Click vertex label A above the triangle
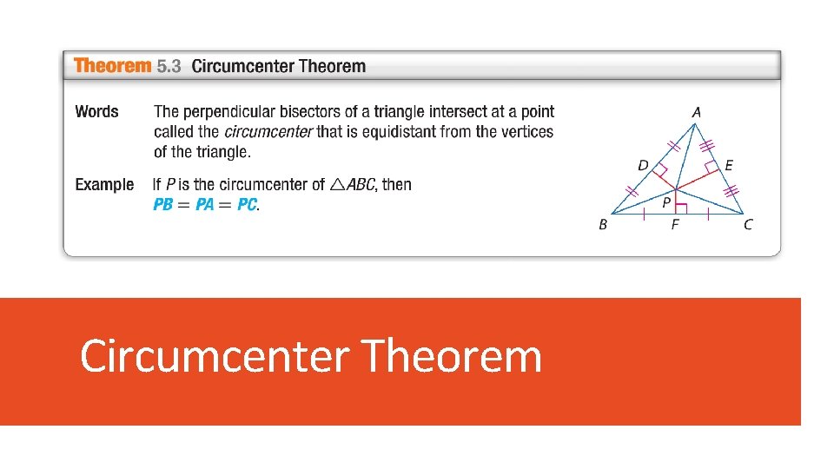pyautogui.click(x=697, y=112)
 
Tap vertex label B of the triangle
pyautogui.click(x=603, y=225)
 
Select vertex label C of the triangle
pyautogui.click(x=749, y=225)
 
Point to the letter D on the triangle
pyautogui.click(x=642, y=166)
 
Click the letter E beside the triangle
pyautogui.click(x=728, y=165)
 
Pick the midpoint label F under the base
pyautogui.click(x=675, y=225)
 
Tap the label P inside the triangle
pyautogui.click(x=666, y=202)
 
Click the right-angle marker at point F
pyautogui.click(x=682, y=208)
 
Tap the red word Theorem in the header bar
pyautogui.click(x=112, y=66)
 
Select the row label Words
pyautogui.click(x=96, y=111)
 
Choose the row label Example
pyautogui.click(x=104, y=184)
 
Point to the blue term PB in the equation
pyautogui.click(x=163, y=205)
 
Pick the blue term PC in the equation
pyautogui.click(x=248, y=205)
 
